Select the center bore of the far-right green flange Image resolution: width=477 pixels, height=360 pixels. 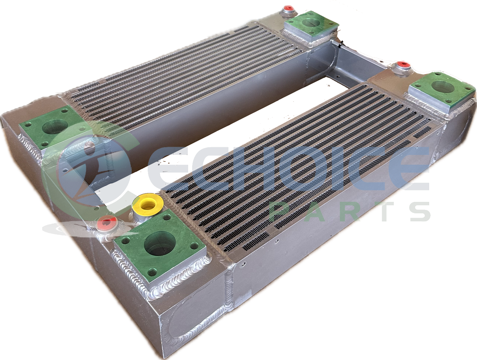(443, 88)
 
